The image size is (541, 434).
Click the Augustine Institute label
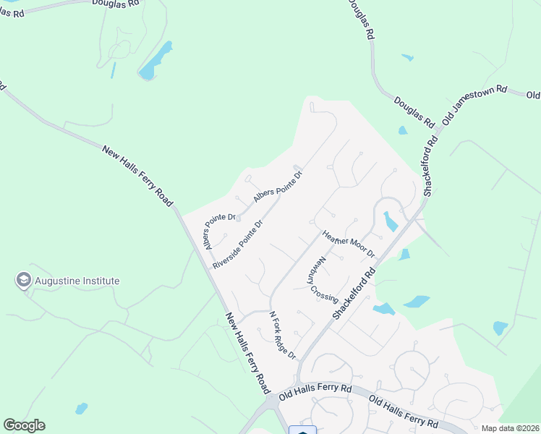pos(76,281)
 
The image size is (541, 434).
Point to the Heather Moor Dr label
pos(349,244)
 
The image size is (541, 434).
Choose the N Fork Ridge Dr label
pos(283,335)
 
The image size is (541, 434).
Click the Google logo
pos(24,425)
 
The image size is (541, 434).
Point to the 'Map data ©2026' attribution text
pos(510,428)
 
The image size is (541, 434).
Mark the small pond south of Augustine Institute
pos(81,409)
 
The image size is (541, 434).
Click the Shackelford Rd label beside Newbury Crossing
pos(356,294)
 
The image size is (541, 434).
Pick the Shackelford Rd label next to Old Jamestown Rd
pos(431,163)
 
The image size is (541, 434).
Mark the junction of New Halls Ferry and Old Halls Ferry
pos(270,399)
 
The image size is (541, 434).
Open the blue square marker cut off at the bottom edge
pos(302,430)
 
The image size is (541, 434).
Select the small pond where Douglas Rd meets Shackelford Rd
pos(402,131)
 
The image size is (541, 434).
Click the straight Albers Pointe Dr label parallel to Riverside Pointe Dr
pos(277,187)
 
